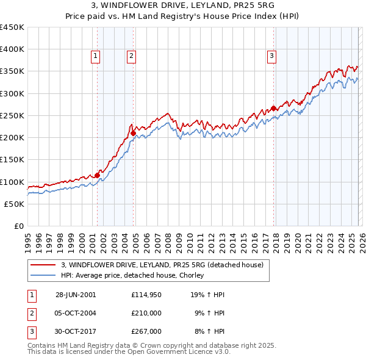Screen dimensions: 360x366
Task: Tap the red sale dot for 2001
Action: point(97,175)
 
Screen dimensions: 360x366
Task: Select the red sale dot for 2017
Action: point(273,108)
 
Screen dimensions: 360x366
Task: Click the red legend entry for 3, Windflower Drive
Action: point(162,265)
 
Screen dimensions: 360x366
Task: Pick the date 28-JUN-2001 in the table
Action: point(76,295)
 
